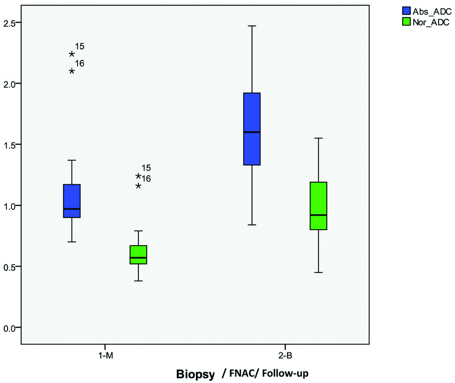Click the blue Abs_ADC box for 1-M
click(x=72, y=201)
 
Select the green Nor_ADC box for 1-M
click(x=138, y=254)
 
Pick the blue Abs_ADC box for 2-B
click(x=252, y=129)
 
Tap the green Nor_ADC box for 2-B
click(x=318, y=205)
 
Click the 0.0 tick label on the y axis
click(x=10, y=328)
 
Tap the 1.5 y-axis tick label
click(x=10, y=145)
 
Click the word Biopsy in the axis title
click(x=195, y=373)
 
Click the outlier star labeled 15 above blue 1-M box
click(x=72, y=54)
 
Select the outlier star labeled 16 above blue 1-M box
click(x=72, y=71)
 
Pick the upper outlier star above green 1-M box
click(x=138, y=176)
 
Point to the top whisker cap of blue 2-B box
click(x=252, y=26)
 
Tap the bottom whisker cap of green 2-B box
click(x=318, y=273)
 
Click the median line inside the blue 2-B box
click(x=252, y=132)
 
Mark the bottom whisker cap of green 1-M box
click(x=138, y=281)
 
